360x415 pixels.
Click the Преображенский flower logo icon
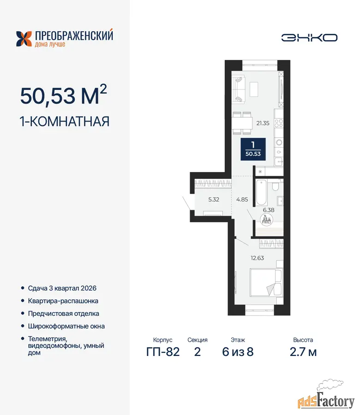tap(24, 39)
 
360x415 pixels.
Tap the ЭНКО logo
tap(309, 38)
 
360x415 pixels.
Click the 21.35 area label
tap(263, 123)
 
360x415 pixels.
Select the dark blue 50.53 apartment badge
tap(253, 149)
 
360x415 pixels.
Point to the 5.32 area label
tap(214, 200)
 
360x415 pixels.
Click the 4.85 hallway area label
tap(242, 200)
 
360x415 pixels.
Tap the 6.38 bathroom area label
tap(269, 210)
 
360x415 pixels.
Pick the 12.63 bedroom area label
tap(258, 258)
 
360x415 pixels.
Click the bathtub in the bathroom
tap(261, 192)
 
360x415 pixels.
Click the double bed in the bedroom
tap(266, 283)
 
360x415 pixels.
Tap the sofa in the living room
tap(238, 89)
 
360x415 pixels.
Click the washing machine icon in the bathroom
tap(266, 219)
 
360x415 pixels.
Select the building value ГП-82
tap(163, 352)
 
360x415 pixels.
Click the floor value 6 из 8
tap(238, 352)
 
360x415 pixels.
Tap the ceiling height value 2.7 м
tap(303, 352)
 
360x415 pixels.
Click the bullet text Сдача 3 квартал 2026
tap(62, 288)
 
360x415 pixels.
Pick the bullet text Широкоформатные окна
tap(66, 326)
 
